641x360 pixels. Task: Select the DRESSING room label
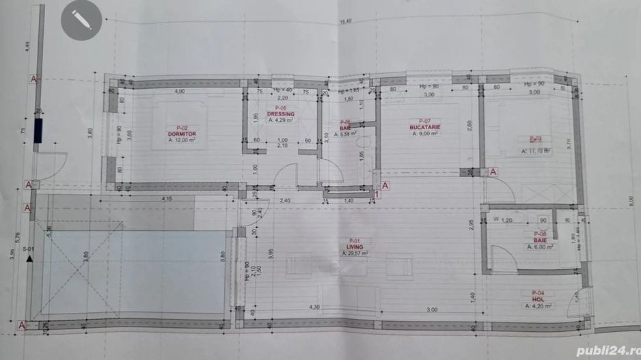[280, 114]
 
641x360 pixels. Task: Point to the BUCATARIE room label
[424, 127]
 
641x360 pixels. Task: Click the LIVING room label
[354, 247]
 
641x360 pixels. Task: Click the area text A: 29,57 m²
[355, 253]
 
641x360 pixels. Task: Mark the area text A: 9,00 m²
[424, 134]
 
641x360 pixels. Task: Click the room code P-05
[280, 108]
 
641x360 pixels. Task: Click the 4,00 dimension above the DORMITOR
[179, 92]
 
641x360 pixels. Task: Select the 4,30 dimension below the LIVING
[314, 307]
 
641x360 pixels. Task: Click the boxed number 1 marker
[379, 193]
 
